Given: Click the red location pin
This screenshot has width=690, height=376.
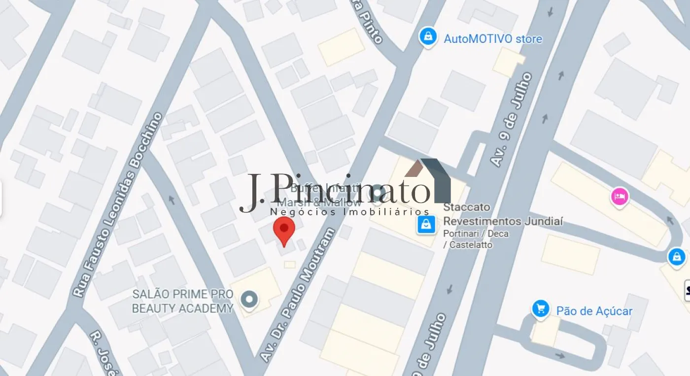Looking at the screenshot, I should coord(284,229).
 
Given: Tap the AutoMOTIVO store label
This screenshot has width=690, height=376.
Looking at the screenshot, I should coord(493,39).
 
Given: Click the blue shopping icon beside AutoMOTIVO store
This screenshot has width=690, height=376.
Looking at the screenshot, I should coord(428,37).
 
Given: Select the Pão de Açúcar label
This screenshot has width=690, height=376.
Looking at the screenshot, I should coord(594,311).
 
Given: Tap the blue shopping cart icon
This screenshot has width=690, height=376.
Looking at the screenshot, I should coord(541,309).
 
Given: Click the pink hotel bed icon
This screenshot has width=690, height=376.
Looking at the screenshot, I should coord(620,197).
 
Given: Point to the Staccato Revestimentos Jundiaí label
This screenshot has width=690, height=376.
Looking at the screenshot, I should coord(503,215).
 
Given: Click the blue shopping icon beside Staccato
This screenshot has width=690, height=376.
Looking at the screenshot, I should coord(426,225).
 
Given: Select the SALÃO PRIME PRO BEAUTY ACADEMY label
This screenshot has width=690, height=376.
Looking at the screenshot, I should coord(182,301).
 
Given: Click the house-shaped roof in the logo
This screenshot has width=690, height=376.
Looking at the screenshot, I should coord(428,180).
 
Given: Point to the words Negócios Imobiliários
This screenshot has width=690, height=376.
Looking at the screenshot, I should coord(349,212).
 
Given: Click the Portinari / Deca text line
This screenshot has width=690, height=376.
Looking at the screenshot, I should coord(476,234).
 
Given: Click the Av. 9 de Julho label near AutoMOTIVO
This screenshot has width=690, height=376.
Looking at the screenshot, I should coord(512,119).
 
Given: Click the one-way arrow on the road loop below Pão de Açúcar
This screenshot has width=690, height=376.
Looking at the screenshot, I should coord(560,355).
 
